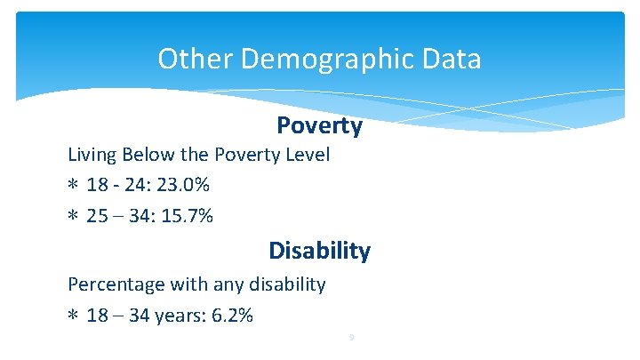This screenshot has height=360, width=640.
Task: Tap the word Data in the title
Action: [452, 60]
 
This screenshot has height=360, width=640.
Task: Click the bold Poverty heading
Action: [319, 126]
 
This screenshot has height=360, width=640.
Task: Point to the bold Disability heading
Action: [319, 251]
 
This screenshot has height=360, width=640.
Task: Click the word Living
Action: [93, 156]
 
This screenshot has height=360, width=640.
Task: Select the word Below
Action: [150, 155]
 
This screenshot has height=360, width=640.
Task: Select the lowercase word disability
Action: [283, 284]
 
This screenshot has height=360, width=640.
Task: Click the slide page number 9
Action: [352, 338]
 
